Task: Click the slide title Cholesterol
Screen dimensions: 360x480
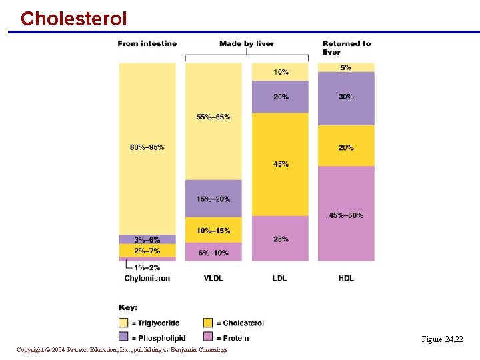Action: coord(73,18)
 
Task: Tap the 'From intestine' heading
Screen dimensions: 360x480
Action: coord(147,44)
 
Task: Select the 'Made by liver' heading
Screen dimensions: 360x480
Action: coord(246,44)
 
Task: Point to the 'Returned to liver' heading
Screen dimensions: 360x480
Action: coord(346,47)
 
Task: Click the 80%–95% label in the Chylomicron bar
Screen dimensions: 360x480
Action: coord(147,147)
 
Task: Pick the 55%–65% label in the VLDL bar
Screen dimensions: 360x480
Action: coord(213,117)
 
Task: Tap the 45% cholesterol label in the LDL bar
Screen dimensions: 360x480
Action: coord(281,164)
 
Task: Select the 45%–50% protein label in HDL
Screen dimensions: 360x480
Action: coord(346,215)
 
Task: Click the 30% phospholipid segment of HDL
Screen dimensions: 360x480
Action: coord(346,97)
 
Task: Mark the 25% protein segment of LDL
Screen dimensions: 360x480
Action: coord(281,239)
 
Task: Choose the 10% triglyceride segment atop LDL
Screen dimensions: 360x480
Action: coord(281,72)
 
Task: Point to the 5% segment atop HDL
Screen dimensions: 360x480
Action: coord(346,67)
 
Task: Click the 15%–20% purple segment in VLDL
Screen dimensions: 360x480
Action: coord(213,199)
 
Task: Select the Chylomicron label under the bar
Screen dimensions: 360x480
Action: coord(147,278)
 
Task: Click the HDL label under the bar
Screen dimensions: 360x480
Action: coord(346,278)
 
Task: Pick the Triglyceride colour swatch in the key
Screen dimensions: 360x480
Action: coord(123,323)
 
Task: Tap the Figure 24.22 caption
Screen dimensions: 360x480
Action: coord(441,339)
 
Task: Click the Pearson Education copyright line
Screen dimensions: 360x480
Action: coord(122,350)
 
